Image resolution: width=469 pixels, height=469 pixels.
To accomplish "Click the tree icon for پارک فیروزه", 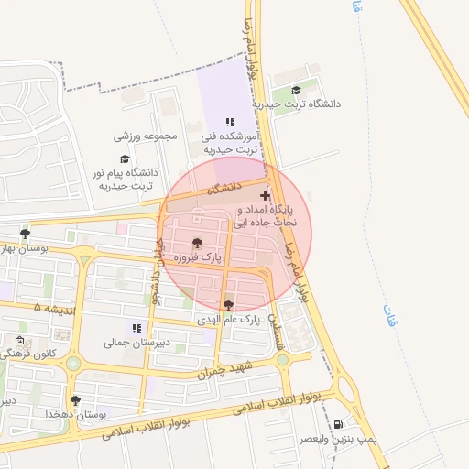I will pyautogui.click(x=197, y=242).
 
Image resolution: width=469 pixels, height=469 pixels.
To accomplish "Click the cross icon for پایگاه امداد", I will pyautogui.click(x=266, y=195).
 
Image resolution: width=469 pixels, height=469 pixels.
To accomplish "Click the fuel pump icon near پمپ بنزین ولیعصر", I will pyautogui.click(x=341, y=424).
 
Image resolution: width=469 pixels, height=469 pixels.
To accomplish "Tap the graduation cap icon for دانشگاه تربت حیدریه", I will pyautogui.click(x=296, y=90).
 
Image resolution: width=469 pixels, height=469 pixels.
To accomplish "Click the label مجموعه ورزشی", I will pyautogui.click(x=145, y=136).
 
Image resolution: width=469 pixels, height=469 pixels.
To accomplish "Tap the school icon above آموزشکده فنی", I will pyautogui.click(x=230, y=121).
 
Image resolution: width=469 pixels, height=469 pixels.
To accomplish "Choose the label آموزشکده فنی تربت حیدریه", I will pyautogui.click(x=232, y=142).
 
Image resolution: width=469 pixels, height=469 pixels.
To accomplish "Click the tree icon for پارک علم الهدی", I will pyautogui.click(x=228, y=305).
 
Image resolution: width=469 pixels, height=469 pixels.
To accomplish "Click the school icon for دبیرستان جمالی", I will pyautogui.click(x=136, y=327).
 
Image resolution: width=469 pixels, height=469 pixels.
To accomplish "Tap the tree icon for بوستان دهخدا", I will pyautogui.click(x=75, y=400).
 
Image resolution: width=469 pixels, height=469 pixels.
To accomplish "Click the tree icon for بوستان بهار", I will pyautogui.click(x=25, y=234).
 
